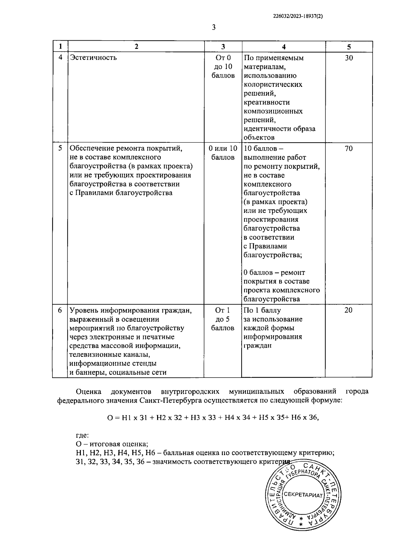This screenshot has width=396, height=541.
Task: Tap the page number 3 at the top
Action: click(x=214, y=27)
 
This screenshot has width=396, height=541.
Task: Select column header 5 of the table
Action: click(x=349, y=47)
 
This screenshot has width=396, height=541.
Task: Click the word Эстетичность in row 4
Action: click(x=93, y=58)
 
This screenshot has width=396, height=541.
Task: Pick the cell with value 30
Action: click(x=349, y=58)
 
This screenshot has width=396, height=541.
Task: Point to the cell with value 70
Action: click(x=349, y=149)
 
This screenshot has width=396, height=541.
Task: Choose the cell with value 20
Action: click(x=349, y=310)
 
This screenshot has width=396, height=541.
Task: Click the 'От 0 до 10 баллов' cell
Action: click(x=223, y=67)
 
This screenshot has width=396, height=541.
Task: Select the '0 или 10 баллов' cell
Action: click(x=223, y=153)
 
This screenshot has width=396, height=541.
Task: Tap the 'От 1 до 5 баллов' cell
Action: click(x=223, y=319)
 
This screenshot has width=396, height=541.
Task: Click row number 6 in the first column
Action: click(x=60, y=310)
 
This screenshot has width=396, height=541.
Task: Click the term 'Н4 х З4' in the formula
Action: click(x=238, y=417)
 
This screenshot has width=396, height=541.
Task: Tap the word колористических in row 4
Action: click(x=273, y=85)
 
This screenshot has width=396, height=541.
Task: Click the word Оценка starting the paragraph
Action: click(x=88, y=392)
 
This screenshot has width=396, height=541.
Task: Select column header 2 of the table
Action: click(x=136, y=47)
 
